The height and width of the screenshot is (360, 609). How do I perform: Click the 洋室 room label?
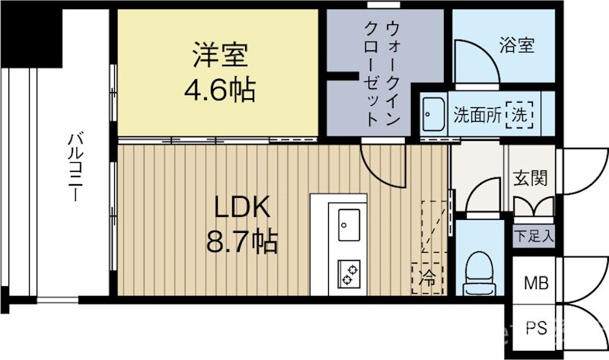tap(218, 57)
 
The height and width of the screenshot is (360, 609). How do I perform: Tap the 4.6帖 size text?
tap(218, 91)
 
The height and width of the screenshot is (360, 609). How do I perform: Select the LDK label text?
tap(241, 208)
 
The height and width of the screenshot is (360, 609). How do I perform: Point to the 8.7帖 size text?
tap(241, 242)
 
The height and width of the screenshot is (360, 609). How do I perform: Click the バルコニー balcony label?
tap(75, 168)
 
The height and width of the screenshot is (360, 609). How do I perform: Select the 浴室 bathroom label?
tap(517, 45)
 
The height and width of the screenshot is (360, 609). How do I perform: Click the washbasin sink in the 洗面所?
tap(434, 114)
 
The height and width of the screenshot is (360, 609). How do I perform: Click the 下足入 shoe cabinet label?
tap(533, 234)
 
